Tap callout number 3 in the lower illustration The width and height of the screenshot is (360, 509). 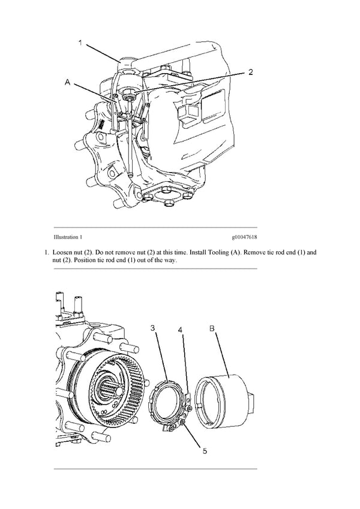153,328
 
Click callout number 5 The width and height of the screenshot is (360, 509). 205,451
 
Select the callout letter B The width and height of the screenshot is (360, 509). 211,329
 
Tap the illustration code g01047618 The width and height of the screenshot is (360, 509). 242,238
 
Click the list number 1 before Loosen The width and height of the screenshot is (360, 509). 46,253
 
